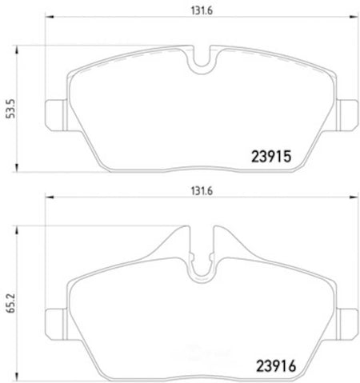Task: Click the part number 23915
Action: coord(271,157)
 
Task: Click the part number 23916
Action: coord(276,365)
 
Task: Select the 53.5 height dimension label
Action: coord(11,109)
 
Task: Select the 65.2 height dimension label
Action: coord(11,303)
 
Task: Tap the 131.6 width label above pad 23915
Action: coord(202,10)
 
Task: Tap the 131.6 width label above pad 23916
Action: coord(202,191)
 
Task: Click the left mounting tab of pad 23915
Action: coord(55,115)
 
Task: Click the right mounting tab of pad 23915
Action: coord(347,115)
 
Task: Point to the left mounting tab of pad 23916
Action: coord(55,325)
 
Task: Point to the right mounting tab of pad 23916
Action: coord(347,325)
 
